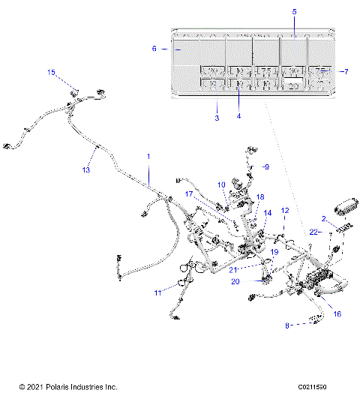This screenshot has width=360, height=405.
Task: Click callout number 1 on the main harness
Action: [x=148, y=156]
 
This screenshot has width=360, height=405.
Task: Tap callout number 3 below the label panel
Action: [x=217, y=118]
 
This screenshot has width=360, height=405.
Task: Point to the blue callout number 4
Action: [x=239, y=115]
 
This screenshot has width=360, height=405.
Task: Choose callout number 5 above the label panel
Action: [x=294, y=12]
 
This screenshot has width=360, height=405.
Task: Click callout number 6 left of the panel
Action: [x=154, y=48]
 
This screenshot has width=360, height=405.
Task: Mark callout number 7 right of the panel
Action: [x=346, y=71]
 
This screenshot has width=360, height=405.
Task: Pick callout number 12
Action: [x=284, y=211]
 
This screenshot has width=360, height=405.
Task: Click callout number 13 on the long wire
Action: [x=85, y=170]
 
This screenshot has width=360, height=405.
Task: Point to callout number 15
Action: [x=52, y=73]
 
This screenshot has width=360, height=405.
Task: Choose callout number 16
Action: [x=337, y=314]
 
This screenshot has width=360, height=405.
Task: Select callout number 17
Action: [x=190, y=193]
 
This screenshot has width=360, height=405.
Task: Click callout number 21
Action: [x=233, y=269]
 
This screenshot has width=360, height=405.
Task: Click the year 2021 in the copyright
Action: [x=32, y=387]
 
